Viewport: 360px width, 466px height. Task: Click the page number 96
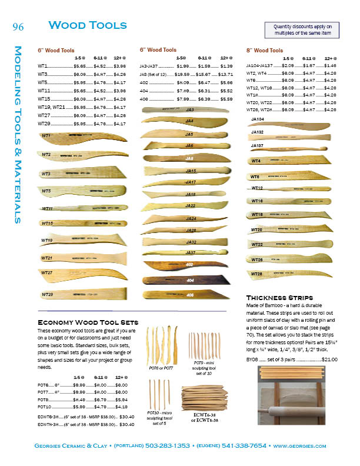pos(17,26)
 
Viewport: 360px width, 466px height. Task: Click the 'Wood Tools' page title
pos(88,25)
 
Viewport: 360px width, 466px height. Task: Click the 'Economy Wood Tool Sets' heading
pos(88,322)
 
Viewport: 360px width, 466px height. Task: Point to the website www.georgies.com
pos(299,447)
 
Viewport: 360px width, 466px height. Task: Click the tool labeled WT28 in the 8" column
pos(288,274)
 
